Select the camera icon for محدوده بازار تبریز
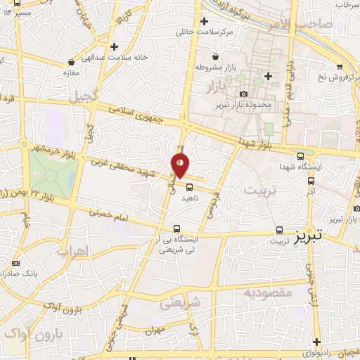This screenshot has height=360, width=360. click(243, 94)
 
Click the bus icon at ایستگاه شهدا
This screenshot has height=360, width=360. click(300, 156)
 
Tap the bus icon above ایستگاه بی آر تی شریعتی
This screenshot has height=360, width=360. click(176, 228)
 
